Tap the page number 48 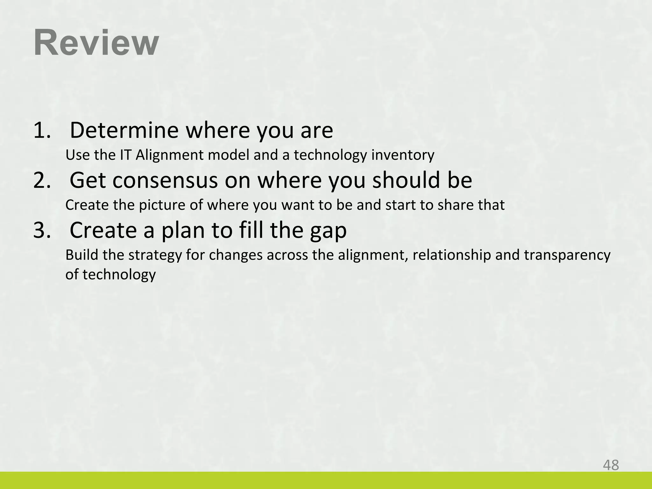tap(611, 465)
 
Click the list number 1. tap(42, 130)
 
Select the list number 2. tap(42, 180)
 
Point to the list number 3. tap(42, 230)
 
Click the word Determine tap(124, 130)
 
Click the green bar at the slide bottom tap(326, 480)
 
